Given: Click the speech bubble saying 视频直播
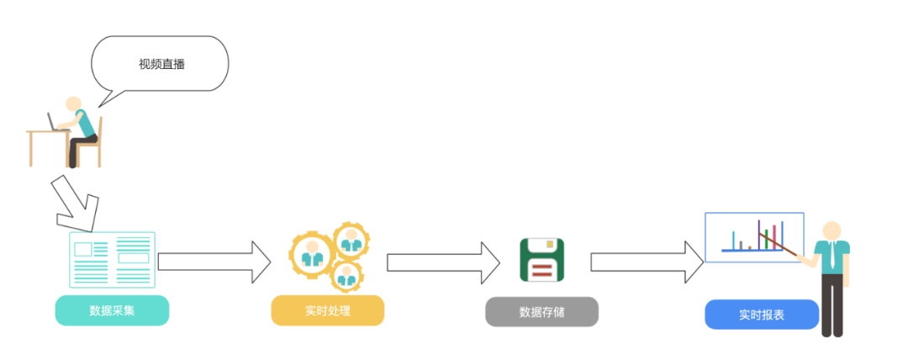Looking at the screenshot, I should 160,64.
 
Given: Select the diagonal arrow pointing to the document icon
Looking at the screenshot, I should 74,203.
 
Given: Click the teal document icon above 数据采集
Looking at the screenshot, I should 112,259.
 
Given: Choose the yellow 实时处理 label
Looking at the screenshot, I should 327,311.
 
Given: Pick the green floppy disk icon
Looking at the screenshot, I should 541,260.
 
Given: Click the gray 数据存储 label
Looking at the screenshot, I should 541,312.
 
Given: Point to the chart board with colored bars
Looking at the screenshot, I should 753,236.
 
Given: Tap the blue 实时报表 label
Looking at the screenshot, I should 762,315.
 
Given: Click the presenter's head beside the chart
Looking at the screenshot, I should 831,230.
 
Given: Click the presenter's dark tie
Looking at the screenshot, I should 831,256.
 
